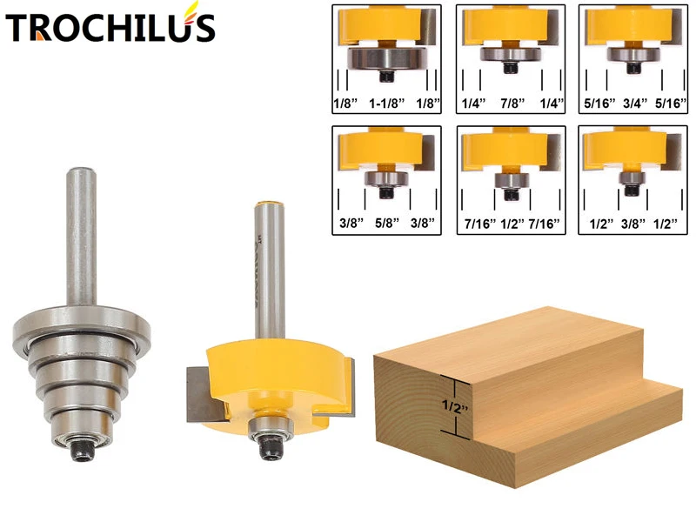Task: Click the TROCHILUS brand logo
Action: pos(110,27)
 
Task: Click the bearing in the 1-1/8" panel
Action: pos(387,58)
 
